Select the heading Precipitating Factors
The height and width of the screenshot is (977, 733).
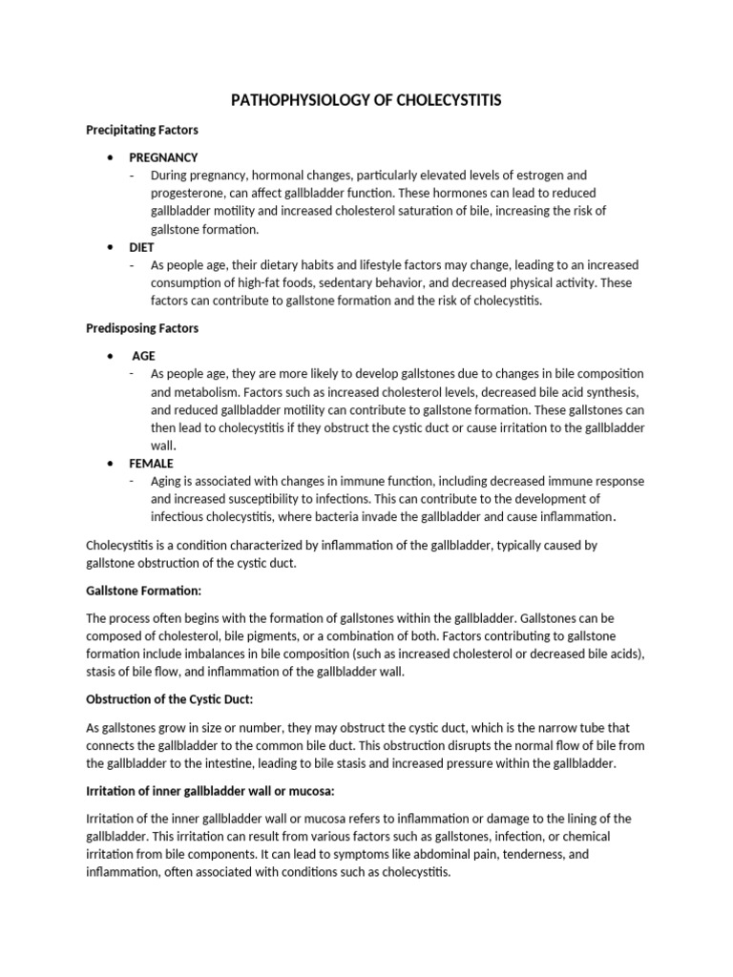coord(142,130)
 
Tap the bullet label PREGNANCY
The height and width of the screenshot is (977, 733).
coord(163,157)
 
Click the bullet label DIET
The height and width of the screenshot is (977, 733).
coord(142,247)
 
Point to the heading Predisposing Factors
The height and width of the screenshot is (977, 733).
coord(142,328)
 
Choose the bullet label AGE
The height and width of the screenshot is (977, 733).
coord(143,355)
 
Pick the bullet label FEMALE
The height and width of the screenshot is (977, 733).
coord(151,463)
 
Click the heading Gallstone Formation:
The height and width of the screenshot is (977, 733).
coord(143,591)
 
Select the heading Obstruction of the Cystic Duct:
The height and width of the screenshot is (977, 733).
coord(169,699)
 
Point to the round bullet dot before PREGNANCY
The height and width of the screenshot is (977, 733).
coord(113,157)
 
